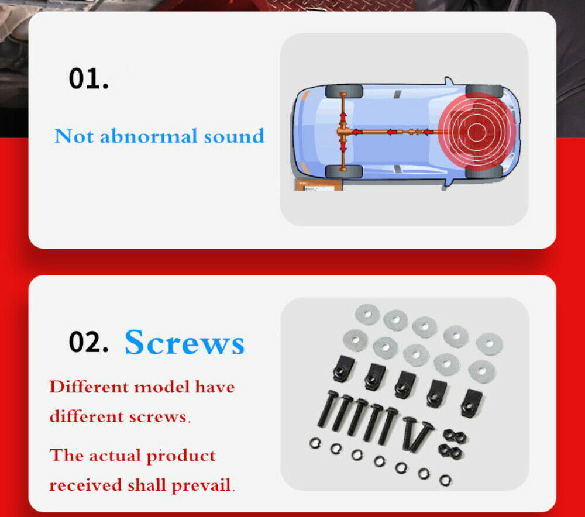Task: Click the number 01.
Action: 89,78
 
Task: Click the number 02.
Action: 89,342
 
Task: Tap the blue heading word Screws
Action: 185,343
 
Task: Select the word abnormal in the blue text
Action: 149,136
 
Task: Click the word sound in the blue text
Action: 234,136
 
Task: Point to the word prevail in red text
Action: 201,485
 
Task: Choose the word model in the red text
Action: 161,387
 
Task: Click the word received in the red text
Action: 85,485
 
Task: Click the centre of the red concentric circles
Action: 476,132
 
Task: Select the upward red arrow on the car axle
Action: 343,116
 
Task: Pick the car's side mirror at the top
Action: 448,81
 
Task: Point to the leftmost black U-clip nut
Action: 343,368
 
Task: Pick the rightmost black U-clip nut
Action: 472,403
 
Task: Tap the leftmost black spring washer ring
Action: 315,443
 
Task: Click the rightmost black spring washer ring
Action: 445,480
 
